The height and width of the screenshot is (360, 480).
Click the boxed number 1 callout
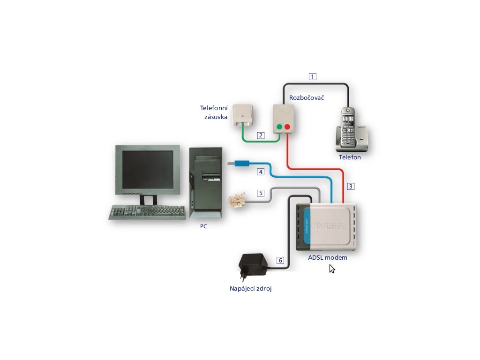point(313,76)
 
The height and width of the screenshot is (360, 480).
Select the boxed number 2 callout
point(261,135)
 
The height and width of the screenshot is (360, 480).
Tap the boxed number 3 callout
point(351,186)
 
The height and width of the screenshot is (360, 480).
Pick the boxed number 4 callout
point(261,172)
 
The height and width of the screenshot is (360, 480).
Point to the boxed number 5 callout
point(261,193)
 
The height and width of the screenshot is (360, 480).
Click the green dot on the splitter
point(279,127)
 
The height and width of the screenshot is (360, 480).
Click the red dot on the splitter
point(287,127)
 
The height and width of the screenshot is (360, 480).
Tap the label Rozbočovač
point(307,97)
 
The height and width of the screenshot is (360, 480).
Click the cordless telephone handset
point(348,127)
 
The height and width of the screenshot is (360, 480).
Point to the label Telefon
point(350,157)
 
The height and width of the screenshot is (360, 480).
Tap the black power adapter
point(253,266)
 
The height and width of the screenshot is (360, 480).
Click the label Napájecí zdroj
point(251,289)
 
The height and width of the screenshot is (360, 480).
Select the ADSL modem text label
point(328,257)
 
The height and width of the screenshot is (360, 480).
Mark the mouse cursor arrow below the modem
point(331,269)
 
